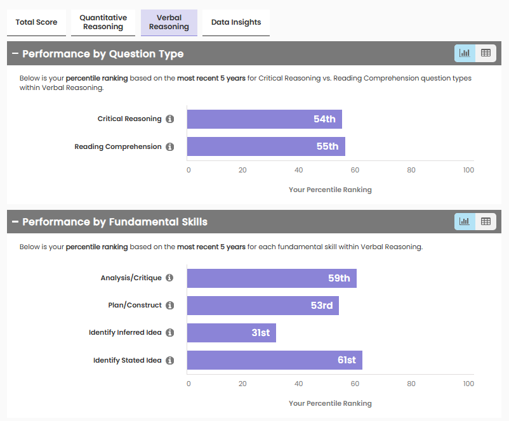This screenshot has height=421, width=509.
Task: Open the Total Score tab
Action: coord(36,22)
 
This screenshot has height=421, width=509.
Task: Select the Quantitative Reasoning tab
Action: coord(103,22)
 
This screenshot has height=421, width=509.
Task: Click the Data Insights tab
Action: coord(236,22)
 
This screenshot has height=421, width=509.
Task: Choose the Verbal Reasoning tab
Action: coord(169,22)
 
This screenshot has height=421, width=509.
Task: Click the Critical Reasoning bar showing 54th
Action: coord(265,119)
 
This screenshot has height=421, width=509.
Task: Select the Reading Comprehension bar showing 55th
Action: coord(266,146)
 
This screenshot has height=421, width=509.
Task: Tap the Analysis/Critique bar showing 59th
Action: coord(272,278)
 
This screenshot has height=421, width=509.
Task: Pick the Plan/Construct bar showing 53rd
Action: coord(263,306)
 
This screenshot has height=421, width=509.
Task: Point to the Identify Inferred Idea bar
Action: coord(232,333)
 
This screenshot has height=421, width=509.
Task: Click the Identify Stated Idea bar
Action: coord(274,360)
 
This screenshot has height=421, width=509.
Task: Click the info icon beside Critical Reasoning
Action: coord(169,119)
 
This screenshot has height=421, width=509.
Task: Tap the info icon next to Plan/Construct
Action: coord(169,306)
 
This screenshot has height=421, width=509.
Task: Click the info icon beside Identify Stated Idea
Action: coord(169,361)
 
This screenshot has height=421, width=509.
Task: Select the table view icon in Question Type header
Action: coord(486,53)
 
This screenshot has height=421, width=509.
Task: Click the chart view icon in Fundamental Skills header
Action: coord(465,221)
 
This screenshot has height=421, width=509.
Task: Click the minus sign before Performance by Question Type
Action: coord(15,54)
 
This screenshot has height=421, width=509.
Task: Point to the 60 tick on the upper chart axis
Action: coord(355,170)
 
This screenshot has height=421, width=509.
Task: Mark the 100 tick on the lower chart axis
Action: coord(468,384)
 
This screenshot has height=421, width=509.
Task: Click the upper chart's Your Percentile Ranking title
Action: coord(330,190)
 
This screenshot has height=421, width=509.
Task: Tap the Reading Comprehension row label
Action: coord(118,146)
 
